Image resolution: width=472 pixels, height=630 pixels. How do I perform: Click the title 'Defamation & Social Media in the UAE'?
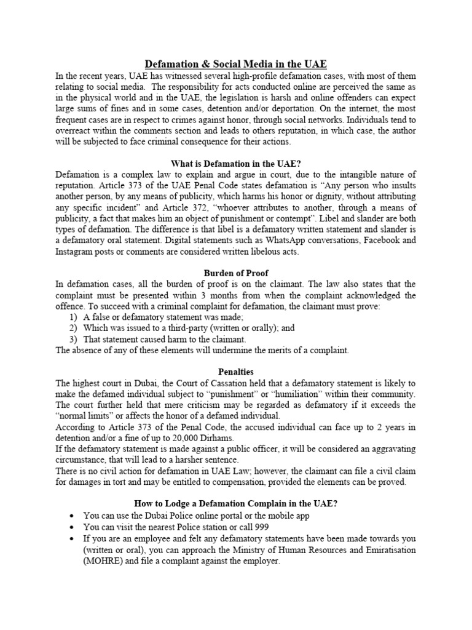click(x=235, y=64)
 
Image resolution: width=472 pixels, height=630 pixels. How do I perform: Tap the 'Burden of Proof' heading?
click(x=235, y=273)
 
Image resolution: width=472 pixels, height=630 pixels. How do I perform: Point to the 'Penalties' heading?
click(x=235, y=371)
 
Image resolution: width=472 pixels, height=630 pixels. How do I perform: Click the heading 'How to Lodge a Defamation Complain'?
click(x=235, y=503)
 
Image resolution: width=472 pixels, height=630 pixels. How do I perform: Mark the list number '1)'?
click(x=73, y=316)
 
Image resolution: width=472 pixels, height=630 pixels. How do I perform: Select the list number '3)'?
click(x=73, y=339)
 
